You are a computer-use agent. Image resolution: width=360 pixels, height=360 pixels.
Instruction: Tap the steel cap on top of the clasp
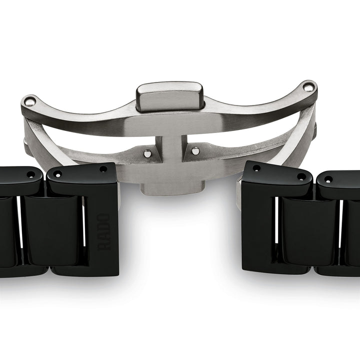click(170, 97)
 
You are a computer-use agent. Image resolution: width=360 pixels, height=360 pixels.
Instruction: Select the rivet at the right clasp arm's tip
click(310, 88)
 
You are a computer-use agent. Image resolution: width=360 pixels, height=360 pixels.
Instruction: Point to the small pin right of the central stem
click(195, 150)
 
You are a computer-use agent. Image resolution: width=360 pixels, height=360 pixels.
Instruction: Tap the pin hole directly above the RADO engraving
click(103, 169)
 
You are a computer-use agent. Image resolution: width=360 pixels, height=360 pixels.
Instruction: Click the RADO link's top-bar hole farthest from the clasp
click(57, 174)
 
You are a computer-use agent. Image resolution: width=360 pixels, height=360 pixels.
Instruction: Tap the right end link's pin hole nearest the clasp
click(256, 168)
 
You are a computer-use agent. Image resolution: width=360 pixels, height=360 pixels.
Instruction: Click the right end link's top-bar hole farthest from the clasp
click(301, 176)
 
